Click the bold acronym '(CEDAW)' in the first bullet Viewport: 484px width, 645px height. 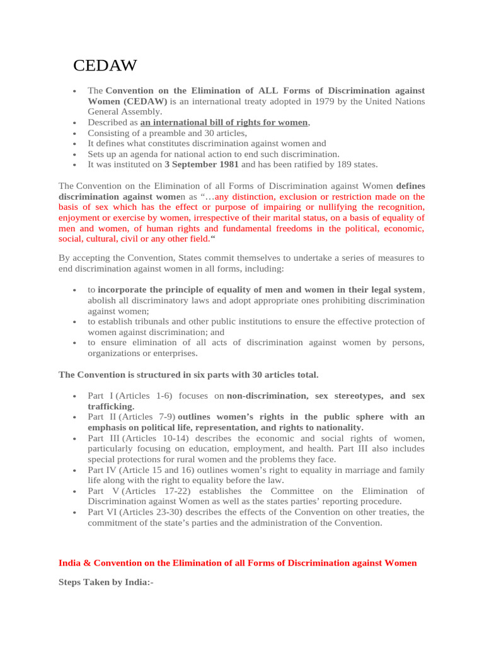146,101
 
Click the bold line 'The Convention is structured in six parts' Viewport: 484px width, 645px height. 188,375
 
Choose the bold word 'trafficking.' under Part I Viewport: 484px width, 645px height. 111,407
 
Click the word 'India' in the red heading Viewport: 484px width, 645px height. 70,562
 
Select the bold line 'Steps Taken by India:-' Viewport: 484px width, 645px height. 106,583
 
